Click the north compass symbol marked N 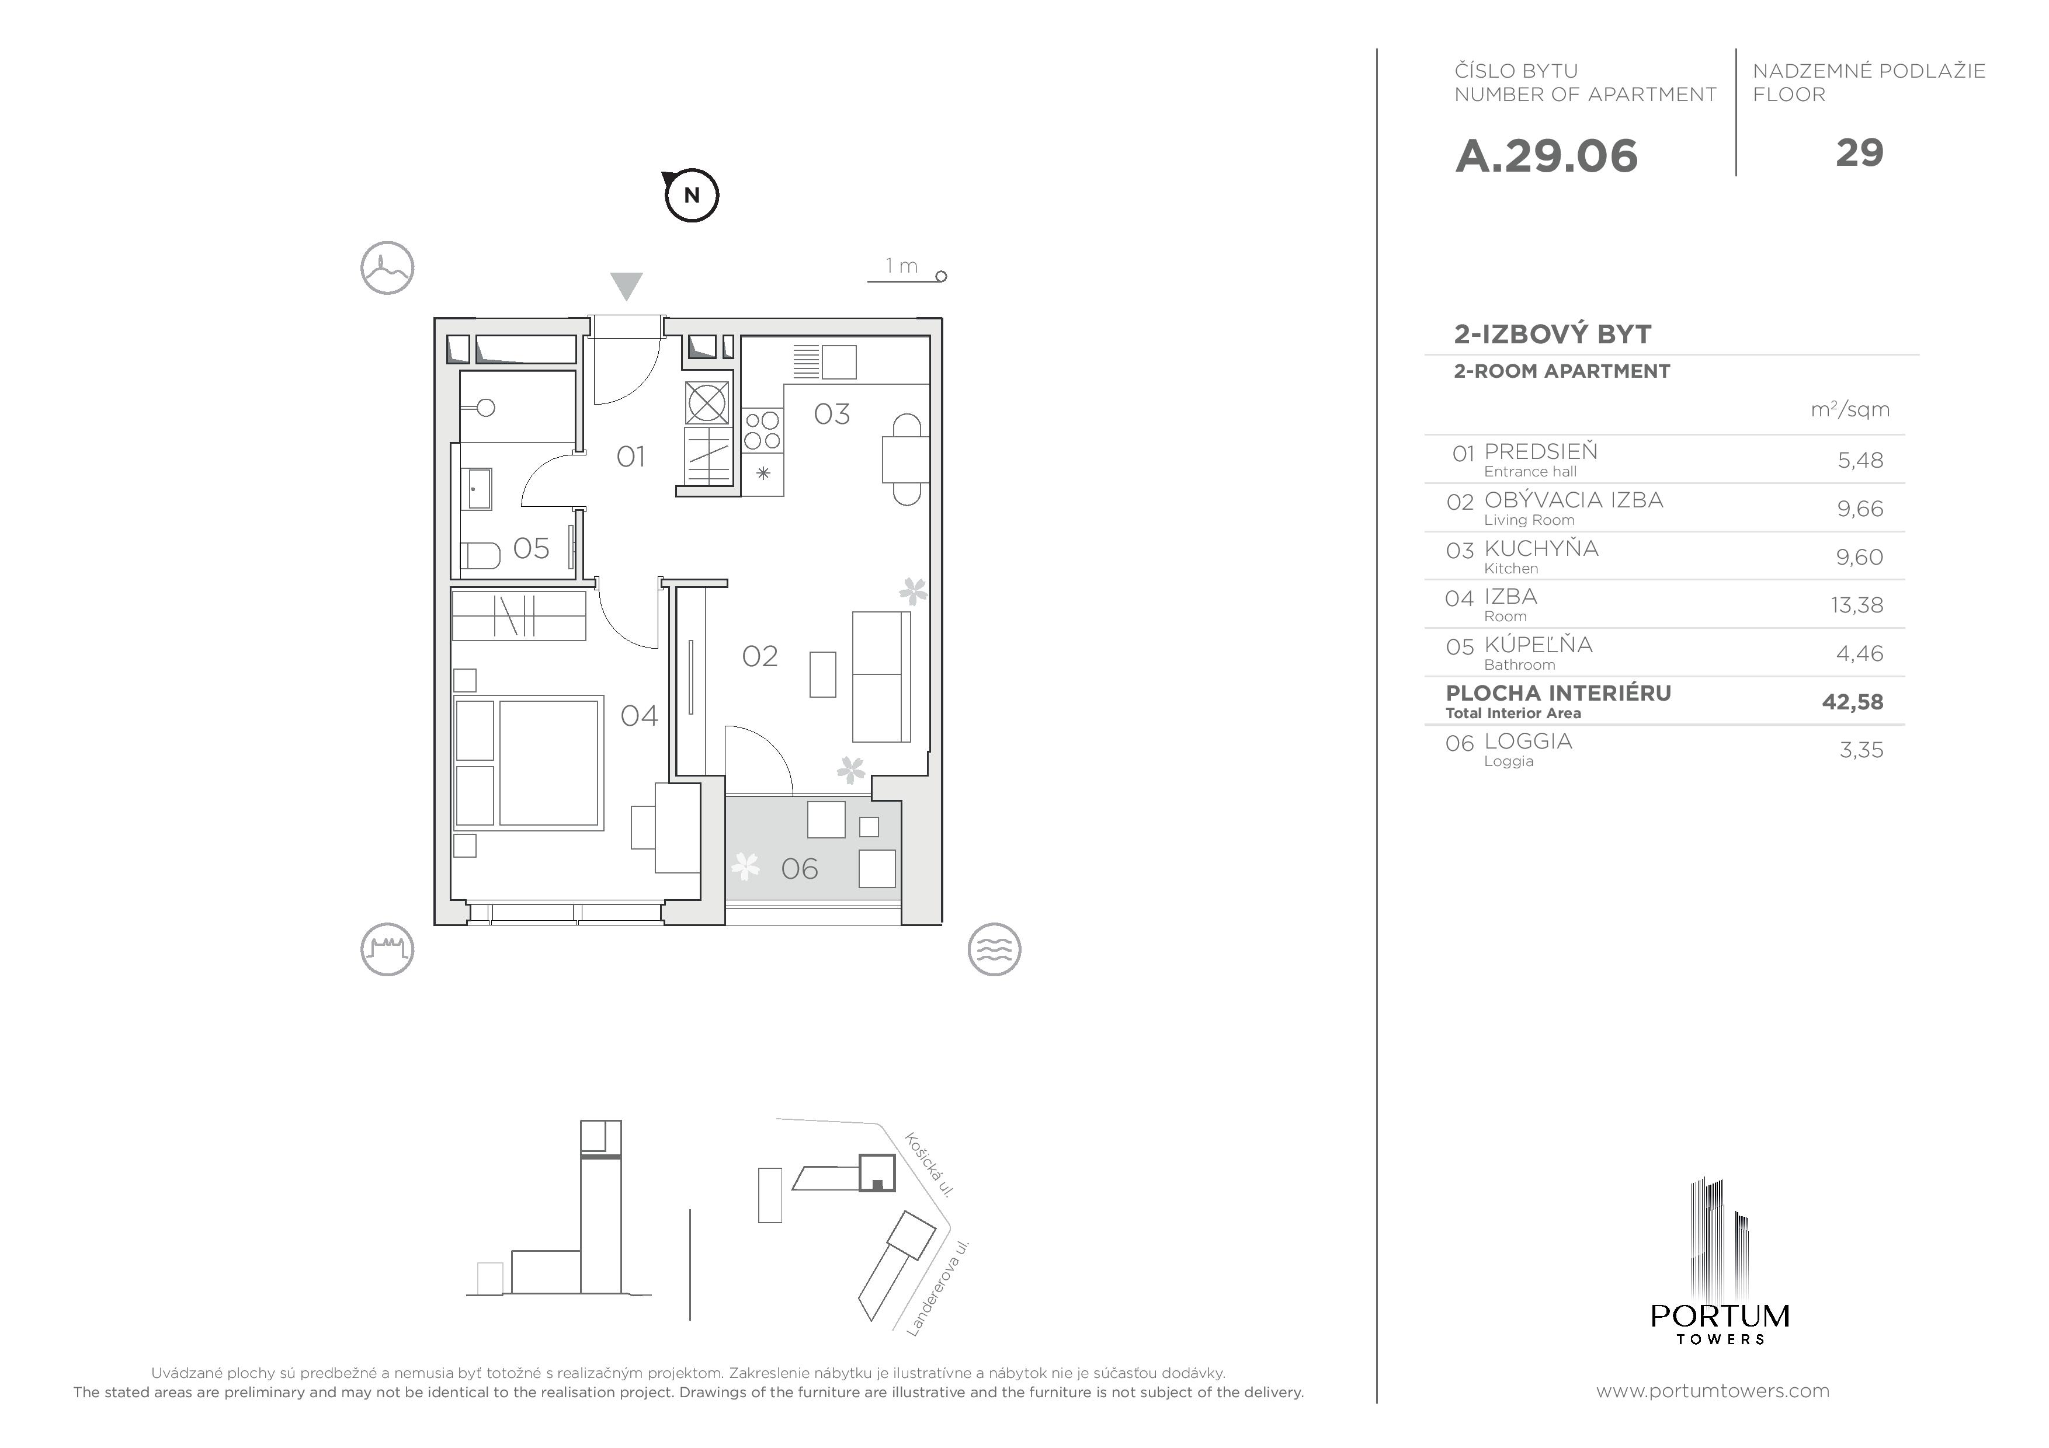pyautogui.click(x=692, y=194)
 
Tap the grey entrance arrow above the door pyautogui.click(x=627, y=286)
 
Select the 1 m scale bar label pyautogui.click(x=901, y=266)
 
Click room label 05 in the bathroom pyautogui.click(x=531, y=548)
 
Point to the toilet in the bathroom pyautogui.click(x=480, y=556)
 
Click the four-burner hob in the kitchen pyautogui.click(x=762, y=430)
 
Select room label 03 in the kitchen pyautogui.click(x=832, y=414)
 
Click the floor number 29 pyautogui.click(x=1859, y=152)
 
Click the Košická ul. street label pyautogui.click(x=930, y=1164)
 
